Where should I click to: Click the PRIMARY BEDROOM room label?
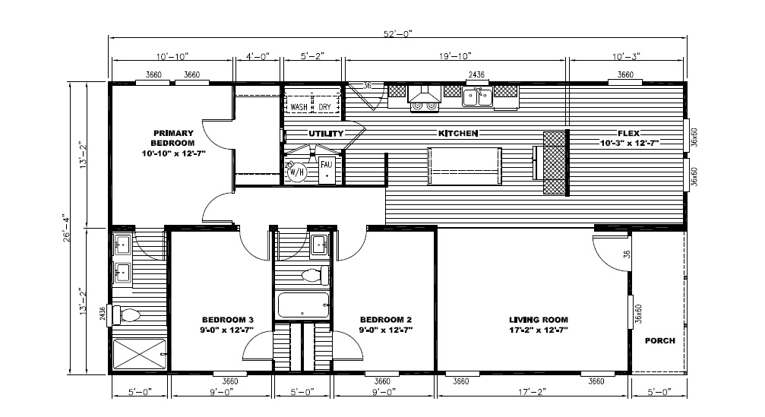[174, 137]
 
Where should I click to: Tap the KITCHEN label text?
[457, 133]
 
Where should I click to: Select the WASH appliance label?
[299, 107]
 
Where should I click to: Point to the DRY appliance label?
[325, 107]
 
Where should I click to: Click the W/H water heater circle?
[296, 172]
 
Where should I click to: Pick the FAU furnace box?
[327, 169]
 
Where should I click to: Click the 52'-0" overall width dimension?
[397, 33]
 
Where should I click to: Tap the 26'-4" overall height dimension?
[67, 228]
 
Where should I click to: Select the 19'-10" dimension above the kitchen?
[455, 56]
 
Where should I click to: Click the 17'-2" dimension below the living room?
[532, 391]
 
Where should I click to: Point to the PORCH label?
[660, 340]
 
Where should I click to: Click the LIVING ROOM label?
[539, 320]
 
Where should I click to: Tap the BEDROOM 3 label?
[228, 320]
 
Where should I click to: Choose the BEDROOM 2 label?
[386, 320]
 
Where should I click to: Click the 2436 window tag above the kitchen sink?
[476, 74]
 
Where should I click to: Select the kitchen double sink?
[478, 97]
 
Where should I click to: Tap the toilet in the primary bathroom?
[126, 315]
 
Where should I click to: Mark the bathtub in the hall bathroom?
[303, 305]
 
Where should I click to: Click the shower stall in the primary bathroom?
[140, 354]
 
